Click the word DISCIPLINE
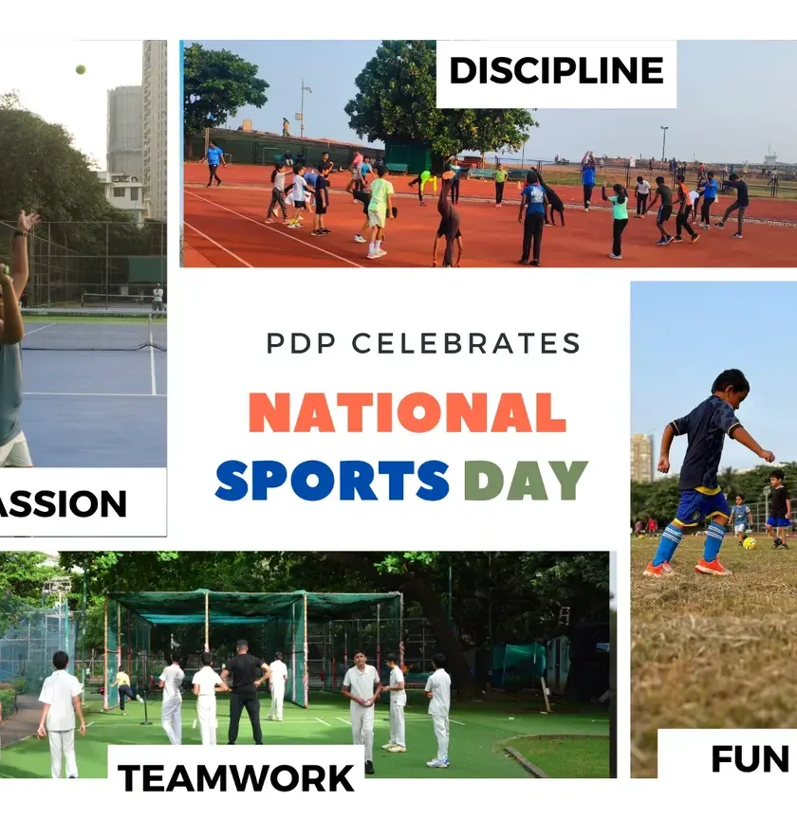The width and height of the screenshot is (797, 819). point(556,70)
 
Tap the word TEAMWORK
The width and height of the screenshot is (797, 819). point(236,778)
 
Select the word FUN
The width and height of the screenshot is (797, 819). point(750,759)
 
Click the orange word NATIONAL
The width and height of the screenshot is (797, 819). point(407,412)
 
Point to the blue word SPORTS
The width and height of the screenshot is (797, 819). point(332,480)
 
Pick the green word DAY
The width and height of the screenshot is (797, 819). point(526,480)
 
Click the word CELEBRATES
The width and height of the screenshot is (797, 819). point(466,343)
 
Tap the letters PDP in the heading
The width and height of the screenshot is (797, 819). point(301,343)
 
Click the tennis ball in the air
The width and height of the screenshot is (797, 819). point(81,69)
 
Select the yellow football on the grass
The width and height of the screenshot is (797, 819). point(750,543)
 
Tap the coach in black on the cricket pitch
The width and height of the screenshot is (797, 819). point(245,692)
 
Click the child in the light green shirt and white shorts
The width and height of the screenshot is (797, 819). point(379,212)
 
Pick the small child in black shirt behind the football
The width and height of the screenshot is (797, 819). point(779,509)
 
